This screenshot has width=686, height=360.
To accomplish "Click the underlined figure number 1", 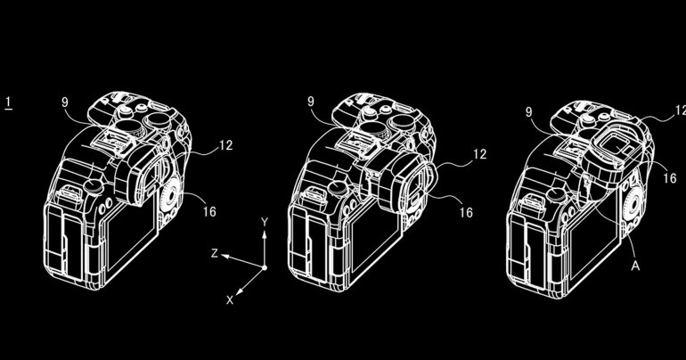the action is (x=8, y=103).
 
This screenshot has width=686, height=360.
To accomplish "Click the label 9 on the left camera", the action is (x=65, y=102).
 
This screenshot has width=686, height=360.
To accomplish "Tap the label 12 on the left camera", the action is (x=225, y=145).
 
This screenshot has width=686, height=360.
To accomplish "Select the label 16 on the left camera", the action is (x=210, y=212).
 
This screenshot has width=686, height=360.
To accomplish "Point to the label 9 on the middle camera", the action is (x=311, y=102).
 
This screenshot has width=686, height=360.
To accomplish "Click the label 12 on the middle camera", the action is (x=480, y=154).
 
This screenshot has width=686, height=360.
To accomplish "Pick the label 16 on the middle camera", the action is (x=466, y=213).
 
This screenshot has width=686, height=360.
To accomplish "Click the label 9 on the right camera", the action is (x=529, y=112).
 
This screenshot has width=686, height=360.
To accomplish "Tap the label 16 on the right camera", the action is (x=670, y=178).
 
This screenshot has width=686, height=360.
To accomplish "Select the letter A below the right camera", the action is (x=635, y=265).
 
